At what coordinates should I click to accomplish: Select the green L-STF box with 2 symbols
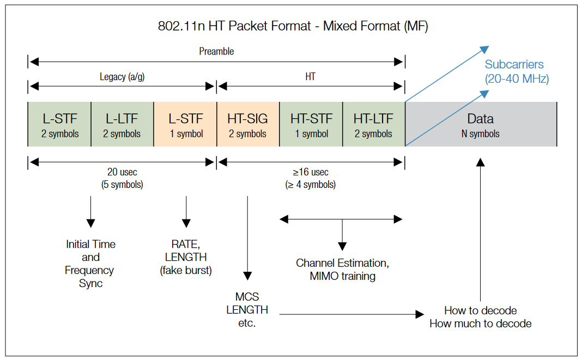pyautogui.click(x=59, y=125)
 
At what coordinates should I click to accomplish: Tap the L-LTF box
pyautogui.click(x=123, y=125)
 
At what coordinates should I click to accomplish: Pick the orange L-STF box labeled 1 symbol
pyautogui.click(x=185, y=125)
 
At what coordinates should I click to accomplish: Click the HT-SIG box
pyautogui.click(x=248, y=125)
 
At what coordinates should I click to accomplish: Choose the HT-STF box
pyautogui.click(x=311, y=125)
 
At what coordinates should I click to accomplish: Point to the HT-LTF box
pyautogui.click(x=373, y=125)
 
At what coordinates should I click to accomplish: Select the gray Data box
pyautogui.click(x=480, y=125)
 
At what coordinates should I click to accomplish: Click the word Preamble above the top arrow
pyautogui.click(x=216, y=51)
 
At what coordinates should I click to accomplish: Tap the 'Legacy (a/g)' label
pyautogui.click(x=122, y=77)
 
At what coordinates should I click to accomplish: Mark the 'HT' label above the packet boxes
pyautogui.click(x=310, y=77)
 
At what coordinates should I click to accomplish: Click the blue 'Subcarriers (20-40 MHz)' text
pyautogui.click(x=517, y=71)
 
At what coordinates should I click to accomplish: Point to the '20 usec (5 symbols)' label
pyautogui.click(x=122, y=178)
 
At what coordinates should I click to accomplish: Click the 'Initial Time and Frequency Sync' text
pyautogui.click(x=90, y=264)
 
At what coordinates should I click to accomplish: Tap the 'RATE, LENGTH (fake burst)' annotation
pyautogui.click(x=186, y=257)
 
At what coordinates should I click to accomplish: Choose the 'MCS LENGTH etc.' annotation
pyautogui.click(x=247, y=310)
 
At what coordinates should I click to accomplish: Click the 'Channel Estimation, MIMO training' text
pyautogui.click(x=342, y=270)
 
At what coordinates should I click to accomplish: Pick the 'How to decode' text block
pyautogui.click(x=480, y=317)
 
